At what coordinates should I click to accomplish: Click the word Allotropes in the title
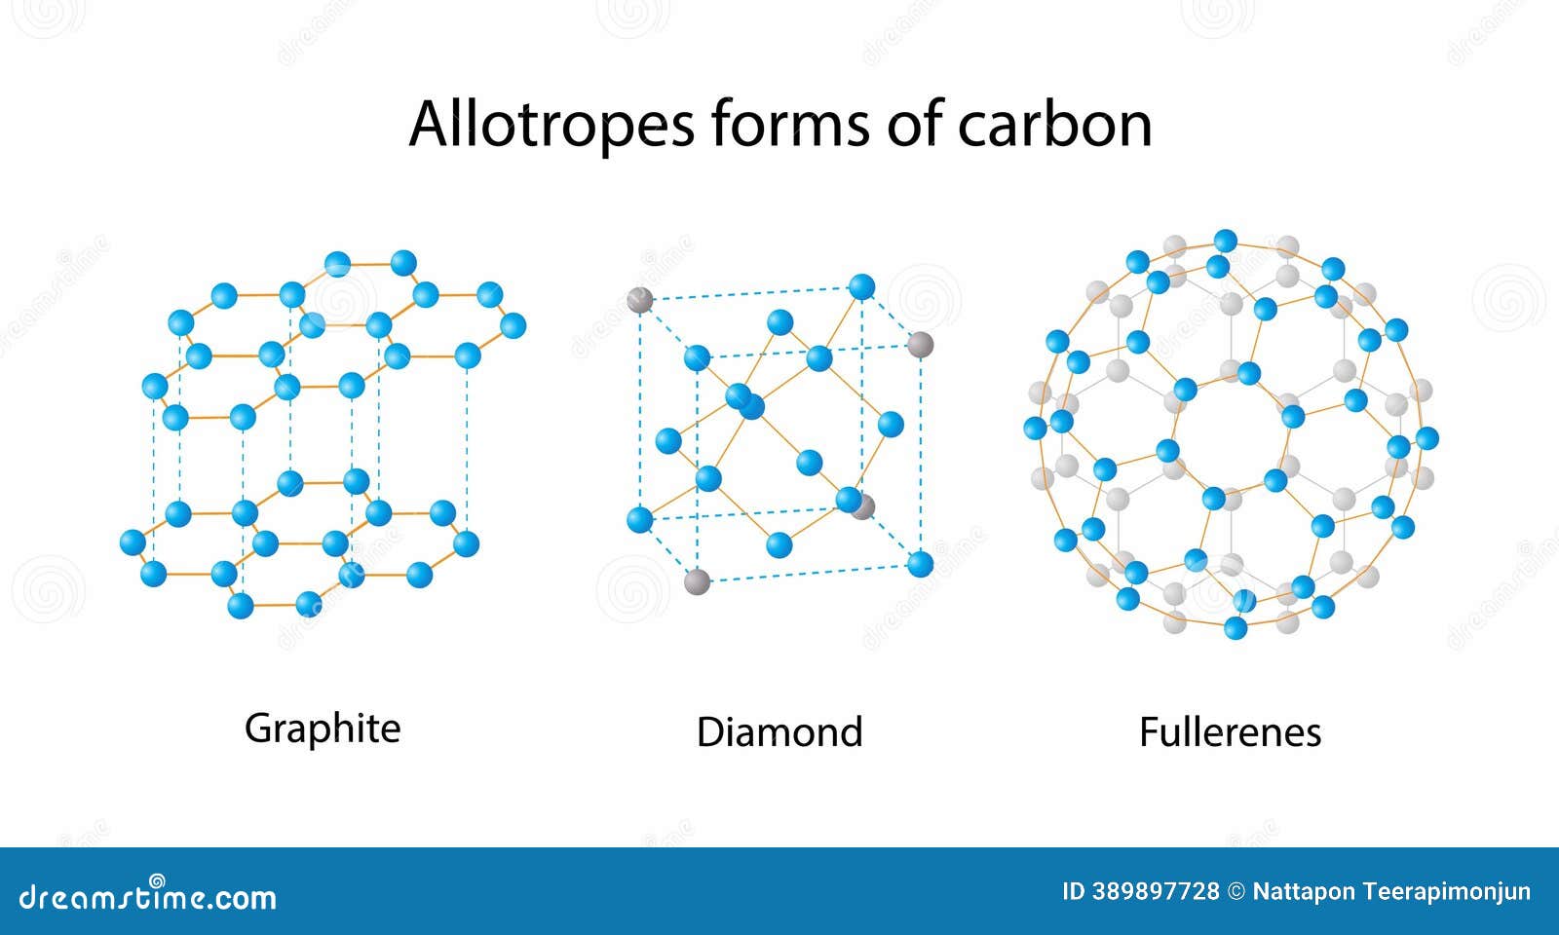(551, 124)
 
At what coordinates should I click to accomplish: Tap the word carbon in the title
(1054, 124)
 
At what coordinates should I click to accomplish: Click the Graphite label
(323, 729)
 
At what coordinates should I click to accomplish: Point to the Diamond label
(779, 732)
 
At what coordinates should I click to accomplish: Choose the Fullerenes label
(1230, 732)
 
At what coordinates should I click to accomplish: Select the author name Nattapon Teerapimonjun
(1391, 891)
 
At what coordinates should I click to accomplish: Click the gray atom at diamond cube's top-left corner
(639, 300)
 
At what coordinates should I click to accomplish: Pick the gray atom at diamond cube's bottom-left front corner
(697, 582)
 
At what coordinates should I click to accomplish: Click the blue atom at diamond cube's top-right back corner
(861, 286)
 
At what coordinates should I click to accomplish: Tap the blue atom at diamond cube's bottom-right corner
(920, 563)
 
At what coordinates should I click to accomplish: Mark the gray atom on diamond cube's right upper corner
(920, 344)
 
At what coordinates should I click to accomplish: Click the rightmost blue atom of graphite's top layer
(513, 325)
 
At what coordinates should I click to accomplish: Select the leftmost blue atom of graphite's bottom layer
(133, 542)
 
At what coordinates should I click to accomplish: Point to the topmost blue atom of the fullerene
(1226, 241)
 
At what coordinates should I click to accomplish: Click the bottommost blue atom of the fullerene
(1236, 628)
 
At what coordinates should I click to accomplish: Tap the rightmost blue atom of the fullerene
(1426, 438)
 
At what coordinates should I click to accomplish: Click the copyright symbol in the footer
(1236, 891)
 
